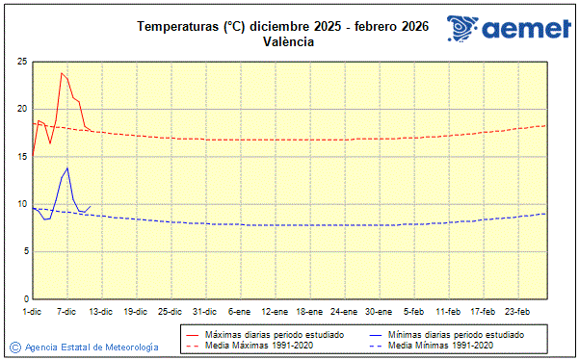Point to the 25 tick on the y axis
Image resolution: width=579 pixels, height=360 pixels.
click(20, 62)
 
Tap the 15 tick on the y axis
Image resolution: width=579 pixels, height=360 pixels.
click(20, 156)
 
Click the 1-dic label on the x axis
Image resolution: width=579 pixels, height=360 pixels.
click(32, 311)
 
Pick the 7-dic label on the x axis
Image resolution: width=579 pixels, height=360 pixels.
click(66, 311)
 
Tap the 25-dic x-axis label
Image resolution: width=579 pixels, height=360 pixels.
click(171, 311)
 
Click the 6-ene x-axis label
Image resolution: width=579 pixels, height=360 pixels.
click(240, 311)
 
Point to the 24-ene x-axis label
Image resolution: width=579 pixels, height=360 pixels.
click(344, 311)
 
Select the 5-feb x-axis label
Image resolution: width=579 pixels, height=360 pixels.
click(413, 311)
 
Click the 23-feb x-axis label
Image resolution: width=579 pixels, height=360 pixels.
click(517, 311)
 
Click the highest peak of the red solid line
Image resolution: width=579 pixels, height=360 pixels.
click(62, 72)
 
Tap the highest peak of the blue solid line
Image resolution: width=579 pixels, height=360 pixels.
click(67, 167)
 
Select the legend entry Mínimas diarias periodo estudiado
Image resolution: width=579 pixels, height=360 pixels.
click(455, 334)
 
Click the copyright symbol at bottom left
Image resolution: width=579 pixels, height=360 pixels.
click(14, 347)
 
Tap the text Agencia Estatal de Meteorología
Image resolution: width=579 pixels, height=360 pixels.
click(92, 347)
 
